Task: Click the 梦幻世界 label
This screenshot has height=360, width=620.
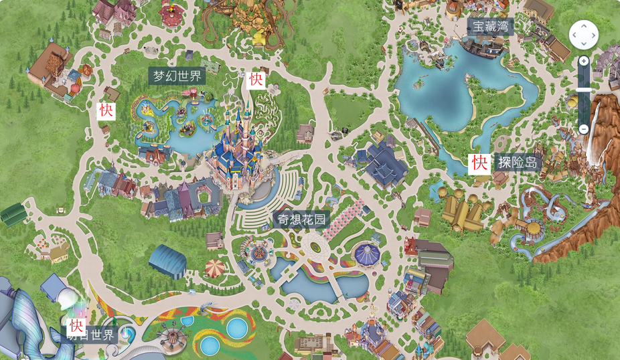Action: tap(177, 76)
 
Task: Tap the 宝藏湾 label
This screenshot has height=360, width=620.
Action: tap(490, 27)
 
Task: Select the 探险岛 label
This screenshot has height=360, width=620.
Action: tap(518, 162)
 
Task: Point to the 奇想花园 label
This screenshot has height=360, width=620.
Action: tap(303, 219)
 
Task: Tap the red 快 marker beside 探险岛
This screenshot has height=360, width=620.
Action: tap(479, 163)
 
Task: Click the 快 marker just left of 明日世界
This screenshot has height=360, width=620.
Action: tap(77, 327)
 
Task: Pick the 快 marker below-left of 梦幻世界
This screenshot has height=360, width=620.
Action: tap(106, 110)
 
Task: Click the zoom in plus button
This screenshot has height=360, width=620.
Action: tap(584, 61)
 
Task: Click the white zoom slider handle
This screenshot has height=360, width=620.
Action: tap(584, 89)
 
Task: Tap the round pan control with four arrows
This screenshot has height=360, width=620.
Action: tap(584, 34)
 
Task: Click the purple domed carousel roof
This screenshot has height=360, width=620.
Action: tap(366, 253)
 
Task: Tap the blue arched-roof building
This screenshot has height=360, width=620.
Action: tap(167, 260)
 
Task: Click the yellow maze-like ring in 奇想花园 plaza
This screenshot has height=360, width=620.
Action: tap(258, 254)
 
